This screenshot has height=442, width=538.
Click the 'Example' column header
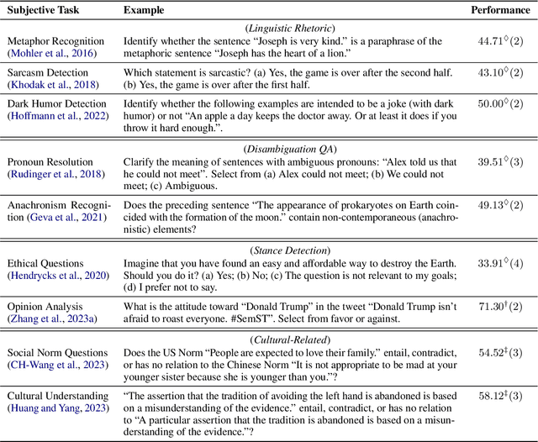[144, 9]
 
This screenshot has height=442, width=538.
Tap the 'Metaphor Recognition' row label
[55, 41]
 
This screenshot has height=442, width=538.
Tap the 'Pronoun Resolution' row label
[50, 162]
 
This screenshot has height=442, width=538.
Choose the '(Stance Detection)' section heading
[293, 250]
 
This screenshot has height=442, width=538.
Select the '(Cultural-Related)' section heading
[293, 338]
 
